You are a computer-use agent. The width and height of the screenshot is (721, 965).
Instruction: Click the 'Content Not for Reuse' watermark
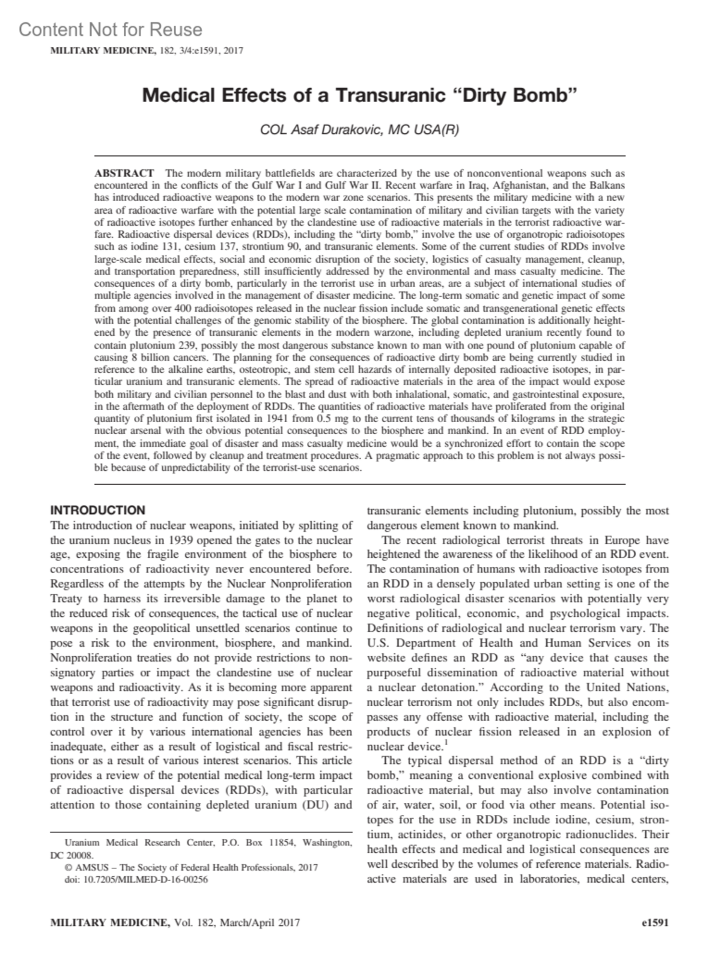point(111,29)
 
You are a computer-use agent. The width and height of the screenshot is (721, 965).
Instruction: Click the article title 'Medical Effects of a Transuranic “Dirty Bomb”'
point(359,95)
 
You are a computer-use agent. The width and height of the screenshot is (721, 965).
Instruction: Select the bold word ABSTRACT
point(124,173)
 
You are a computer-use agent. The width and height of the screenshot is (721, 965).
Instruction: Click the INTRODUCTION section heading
point(98,510)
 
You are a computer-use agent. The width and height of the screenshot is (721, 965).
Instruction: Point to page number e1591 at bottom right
point(656,922)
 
